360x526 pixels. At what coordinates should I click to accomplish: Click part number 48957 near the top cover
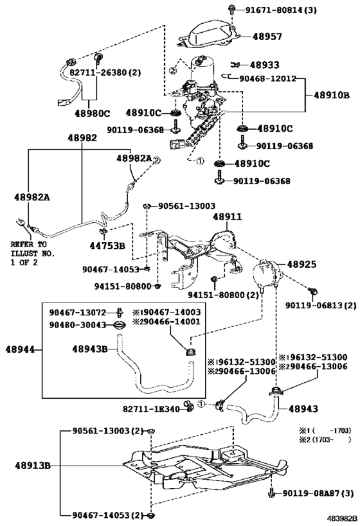(x=267, y=36)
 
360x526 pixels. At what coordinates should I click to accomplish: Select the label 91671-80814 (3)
(x=276, y=10)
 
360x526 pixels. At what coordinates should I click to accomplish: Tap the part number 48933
(x=265, y=65)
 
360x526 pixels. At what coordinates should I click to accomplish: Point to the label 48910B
(x=332, y=95)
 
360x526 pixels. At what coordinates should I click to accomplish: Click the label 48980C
(x=93, y=114)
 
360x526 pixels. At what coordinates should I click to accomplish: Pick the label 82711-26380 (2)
(x=105, y=73)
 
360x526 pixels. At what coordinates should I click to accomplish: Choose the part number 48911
(x=228, y=216)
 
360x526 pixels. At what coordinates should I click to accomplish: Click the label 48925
(x=301, y=265)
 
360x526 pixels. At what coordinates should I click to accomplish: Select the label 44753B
(x=107, y=246)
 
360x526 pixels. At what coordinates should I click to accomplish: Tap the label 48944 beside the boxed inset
(x=20, y=349)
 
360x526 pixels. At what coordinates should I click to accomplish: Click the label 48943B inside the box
(x=90, y=349)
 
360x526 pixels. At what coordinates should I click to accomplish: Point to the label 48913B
(x=33, y=466)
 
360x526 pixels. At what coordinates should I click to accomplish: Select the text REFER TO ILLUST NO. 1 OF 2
(x=32, y=254)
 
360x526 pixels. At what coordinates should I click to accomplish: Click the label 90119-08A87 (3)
(x=318, y=493)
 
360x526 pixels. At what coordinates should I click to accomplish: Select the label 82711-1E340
(x=152, y=409)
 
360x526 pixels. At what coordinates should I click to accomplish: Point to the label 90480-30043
(x=78, y=325)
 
